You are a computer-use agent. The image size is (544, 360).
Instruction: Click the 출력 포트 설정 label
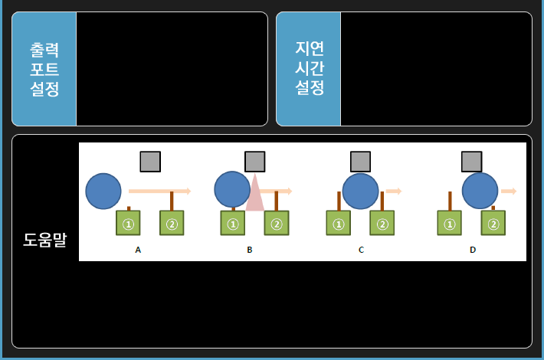point(44,69)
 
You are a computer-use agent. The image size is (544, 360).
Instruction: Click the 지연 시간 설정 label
point(309,69)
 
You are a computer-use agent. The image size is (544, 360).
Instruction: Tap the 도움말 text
point(45,240)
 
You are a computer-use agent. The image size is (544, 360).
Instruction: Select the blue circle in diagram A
point(103,191)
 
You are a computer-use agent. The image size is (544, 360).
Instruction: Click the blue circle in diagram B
point(232,190)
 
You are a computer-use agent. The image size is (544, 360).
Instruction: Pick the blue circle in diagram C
point(360,191)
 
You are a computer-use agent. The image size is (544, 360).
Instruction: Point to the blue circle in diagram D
point(480,191)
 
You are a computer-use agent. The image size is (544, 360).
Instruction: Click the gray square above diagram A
point(150,162)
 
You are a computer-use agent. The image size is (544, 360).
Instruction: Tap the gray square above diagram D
point(472,162)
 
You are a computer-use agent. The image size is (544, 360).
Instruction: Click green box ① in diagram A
point(129,224)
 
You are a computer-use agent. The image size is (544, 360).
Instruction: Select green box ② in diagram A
point(172,224)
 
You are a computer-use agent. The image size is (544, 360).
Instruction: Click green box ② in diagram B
point(277,224)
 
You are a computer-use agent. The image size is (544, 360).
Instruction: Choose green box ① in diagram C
point(338,224)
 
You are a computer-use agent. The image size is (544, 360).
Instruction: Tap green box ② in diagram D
point(493,224)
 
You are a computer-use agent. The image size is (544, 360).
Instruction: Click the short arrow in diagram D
point(509,191)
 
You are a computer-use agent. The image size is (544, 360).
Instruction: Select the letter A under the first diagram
point(138,250)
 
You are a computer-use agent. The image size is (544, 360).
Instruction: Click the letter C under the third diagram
point(361,250)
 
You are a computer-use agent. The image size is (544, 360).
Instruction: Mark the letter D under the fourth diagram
point(473,250)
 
